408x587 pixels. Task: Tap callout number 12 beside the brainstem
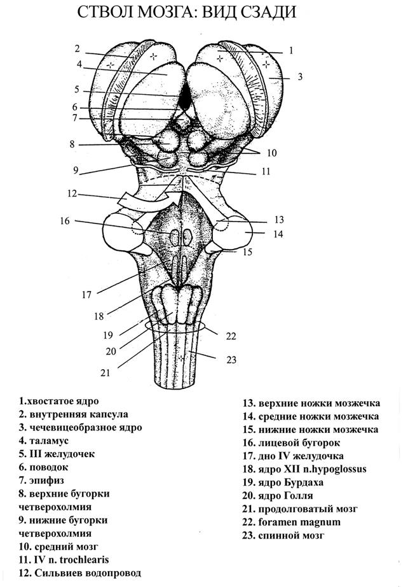[72, 194]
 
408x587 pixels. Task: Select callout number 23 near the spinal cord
[232, 360]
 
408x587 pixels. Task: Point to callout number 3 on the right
[300, 77]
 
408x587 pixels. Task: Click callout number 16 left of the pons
[65, 221]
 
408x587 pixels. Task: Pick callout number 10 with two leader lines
[271, 153]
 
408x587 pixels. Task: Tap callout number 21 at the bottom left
[105, 373]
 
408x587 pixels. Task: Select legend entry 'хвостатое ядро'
[58, 401]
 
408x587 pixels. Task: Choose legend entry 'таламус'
[44, 441]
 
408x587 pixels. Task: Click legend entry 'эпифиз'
[41, 480]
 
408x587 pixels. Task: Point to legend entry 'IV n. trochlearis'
[64, 560]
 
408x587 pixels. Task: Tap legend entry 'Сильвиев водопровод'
[80, 573]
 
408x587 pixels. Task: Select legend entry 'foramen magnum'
[292, 522]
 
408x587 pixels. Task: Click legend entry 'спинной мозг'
[283, 535]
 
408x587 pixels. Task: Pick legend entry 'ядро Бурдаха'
[283, 483]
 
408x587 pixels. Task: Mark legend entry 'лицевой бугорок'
[292, 443]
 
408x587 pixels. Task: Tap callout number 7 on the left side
[75, 118]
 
